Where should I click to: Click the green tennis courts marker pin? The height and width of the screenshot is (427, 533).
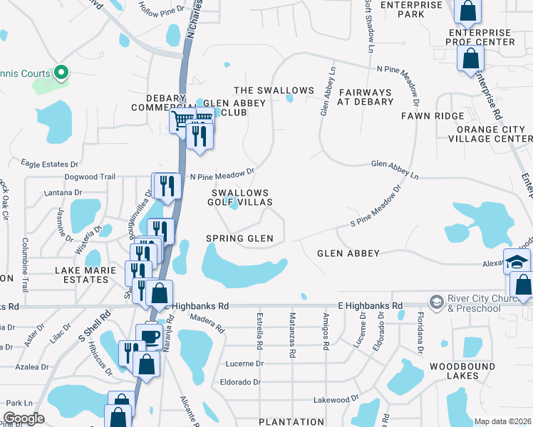tap(61, 72)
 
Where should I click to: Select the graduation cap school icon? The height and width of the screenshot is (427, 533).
tap(517, 260)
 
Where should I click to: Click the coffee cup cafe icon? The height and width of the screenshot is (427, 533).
tap(150, 336)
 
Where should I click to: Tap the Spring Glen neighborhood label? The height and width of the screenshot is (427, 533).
tap(239, 238)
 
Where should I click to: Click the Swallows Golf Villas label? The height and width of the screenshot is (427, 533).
tap(242, 198)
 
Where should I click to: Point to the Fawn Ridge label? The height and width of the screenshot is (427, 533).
tap(433, 116)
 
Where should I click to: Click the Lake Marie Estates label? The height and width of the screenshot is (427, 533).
tap(82, 275)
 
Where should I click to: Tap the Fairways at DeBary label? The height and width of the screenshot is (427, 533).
tap(366, 97)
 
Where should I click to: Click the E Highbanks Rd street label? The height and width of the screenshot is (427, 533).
tap(371, 305)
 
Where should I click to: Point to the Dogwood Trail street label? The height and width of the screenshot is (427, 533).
tap(89, 176)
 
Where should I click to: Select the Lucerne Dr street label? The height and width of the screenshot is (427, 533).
tap(244, 363)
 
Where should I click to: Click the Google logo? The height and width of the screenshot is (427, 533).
tap(24, 418)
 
